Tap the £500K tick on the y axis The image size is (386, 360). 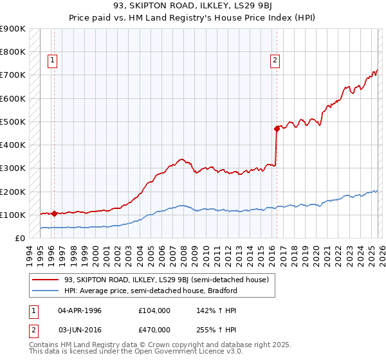pos(13,122)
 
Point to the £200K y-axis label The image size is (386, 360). pos(13,192)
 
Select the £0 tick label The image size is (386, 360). pos(19,238)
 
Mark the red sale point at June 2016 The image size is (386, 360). pos(277,129)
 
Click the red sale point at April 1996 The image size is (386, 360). pos(54,213)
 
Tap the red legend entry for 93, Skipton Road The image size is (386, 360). pos(170,280)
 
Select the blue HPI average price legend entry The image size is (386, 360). pos(151,291)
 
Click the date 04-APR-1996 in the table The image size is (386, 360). pos(80,310)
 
